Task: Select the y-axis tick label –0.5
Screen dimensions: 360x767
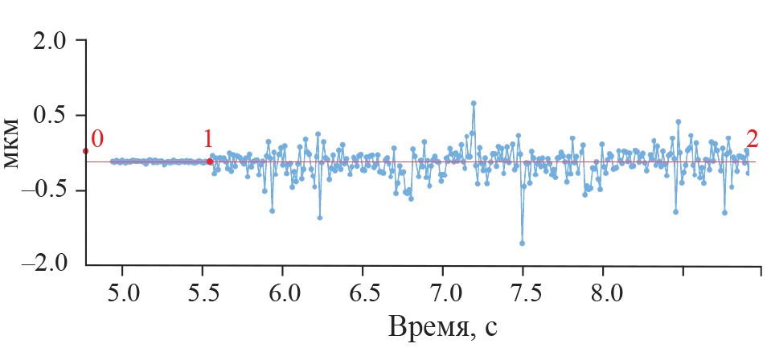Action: [46, 191]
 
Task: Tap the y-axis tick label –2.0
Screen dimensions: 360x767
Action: [46, 264]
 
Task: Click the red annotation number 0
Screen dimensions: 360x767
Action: [96, 139]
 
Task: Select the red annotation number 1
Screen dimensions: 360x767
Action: [207, 139]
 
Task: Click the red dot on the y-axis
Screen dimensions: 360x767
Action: [85, 151]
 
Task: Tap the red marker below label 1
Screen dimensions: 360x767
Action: [210, 162]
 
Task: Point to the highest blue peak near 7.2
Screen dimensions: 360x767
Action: [474, 103]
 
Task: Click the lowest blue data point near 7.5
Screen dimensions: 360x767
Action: [523, 243]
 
